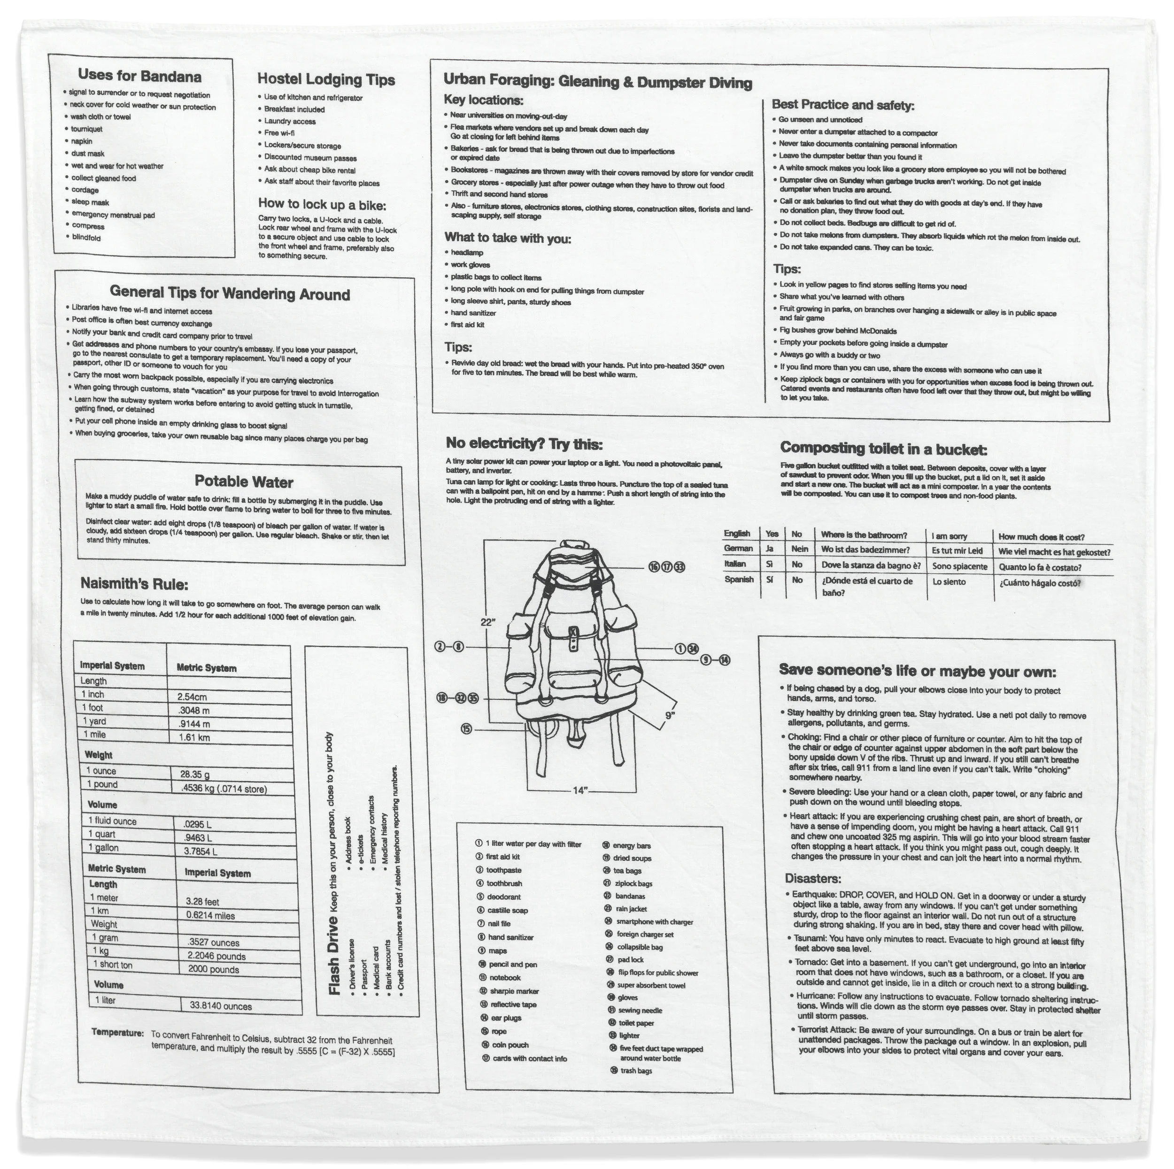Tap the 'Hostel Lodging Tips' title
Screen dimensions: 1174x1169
point(326,80)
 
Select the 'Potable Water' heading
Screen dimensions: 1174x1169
point(244,482)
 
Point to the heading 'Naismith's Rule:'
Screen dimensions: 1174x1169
point(134,585)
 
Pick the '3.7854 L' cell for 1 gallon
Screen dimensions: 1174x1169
point(200,851)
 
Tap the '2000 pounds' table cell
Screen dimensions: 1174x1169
point(213,969)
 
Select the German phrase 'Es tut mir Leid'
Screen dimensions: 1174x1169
point(957,551)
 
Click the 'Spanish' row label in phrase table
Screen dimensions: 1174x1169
point(738,579)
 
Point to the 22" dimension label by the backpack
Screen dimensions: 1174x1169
point(488,622)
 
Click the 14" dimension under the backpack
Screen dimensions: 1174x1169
point(580,790)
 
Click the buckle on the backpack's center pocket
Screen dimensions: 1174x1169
point(573,635)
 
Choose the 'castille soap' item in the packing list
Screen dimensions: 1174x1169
point(507,910)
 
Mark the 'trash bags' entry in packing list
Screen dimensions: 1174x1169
point(636,1070)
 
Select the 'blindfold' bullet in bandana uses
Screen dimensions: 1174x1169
point(86,238)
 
